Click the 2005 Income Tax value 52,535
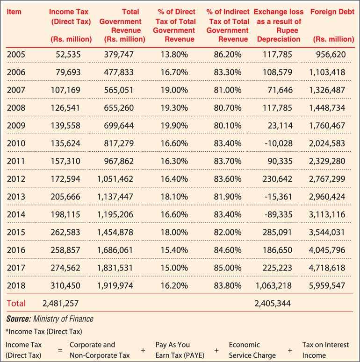(68, 55)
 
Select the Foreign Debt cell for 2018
(327, 285)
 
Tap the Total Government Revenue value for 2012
(115, 179)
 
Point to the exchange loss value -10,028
(279, 143)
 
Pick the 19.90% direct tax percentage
(174, 126)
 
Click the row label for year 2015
(16, 232)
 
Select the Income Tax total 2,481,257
(60, 303)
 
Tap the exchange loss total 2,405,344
(273, 303)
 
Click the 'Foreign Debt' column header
(332, 12)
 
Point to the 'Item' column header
(14, 12)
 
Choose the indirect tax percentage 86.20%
(228, 55)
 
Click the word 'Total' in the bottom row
(16, 303)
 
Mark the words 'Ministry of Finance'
(63, 319)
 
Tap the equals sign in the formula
(60, 350)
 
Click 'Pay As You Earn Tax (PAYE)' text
(180, 350)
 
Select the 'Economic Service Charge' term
(252, 350)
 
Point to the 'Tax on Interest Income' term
(325, 350)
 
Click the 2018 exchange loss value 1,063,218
(274, 285)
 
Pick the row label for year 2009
(16, 126)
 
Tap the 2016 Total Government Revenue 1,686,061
(115, 250)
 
